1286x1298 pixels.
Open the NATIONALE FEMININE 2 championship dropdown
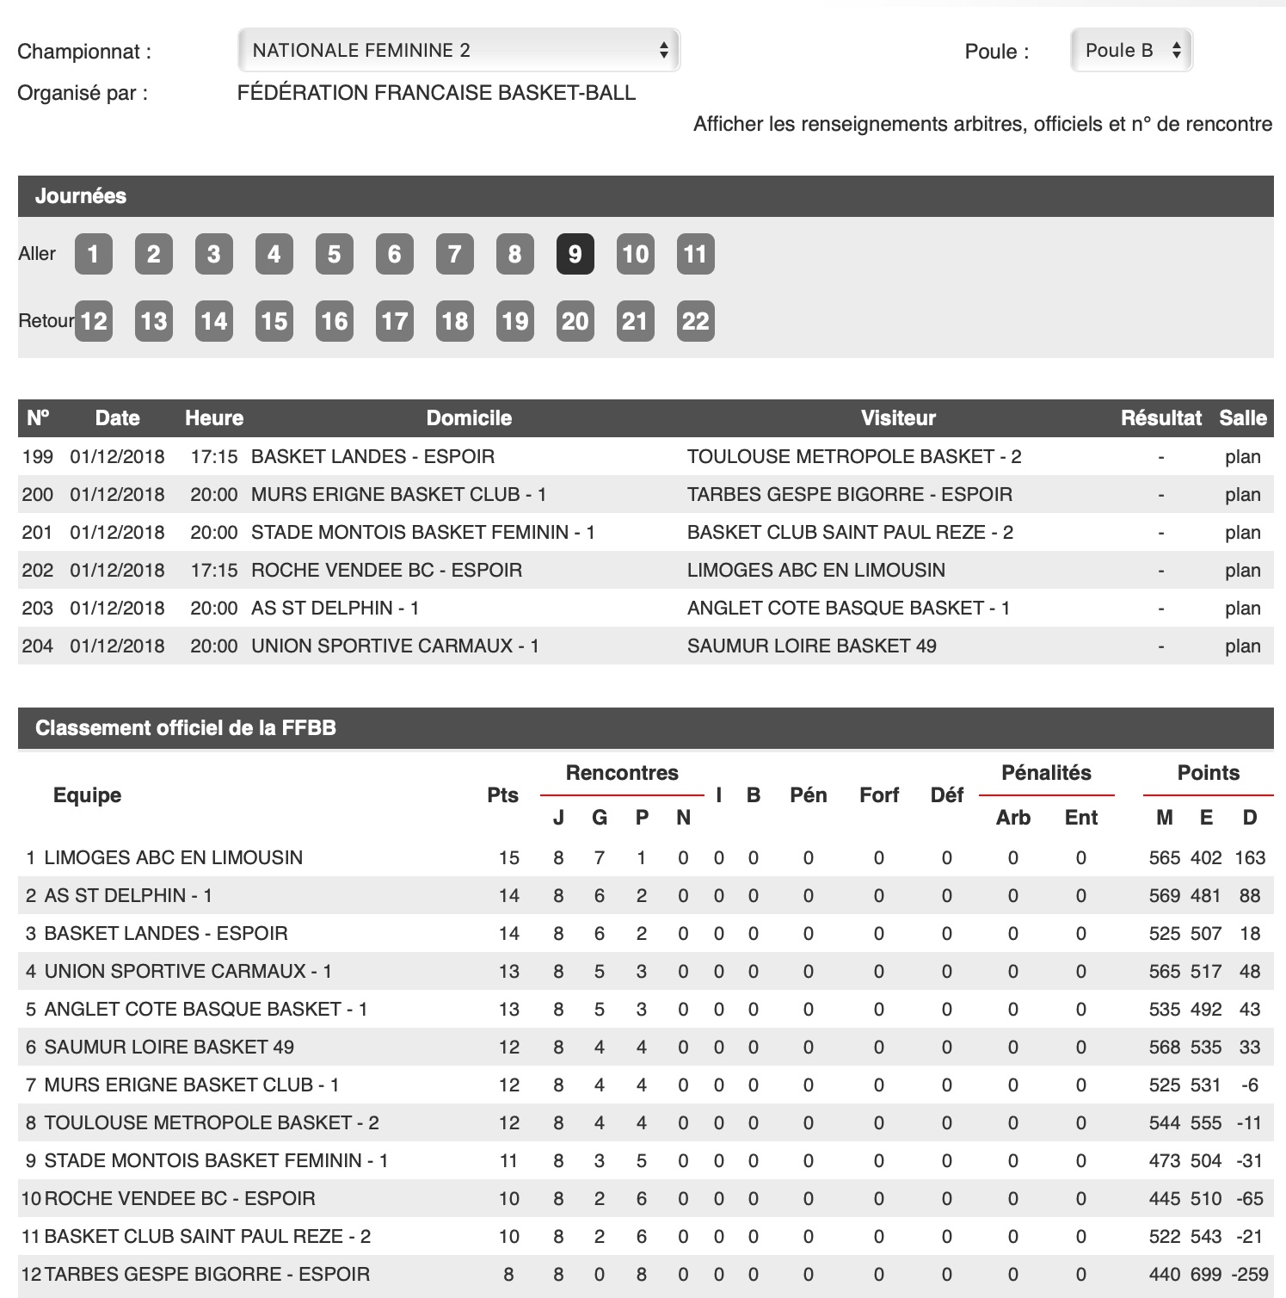[458, 50]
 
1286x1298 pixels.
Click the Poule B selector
[1131, 50]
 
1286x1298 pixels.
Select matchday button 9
[575, 254]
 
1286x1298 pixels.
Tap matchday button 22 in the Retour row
[695, 321]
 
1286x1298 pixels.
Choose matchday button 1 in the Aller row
[94, 254]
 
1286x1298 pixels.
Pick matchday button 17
[394, 321]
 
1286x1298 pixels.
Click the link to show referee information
[982, 124]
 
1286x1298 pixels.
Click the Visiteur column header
[898, 418]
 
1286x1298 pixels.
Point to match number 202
[38, 570]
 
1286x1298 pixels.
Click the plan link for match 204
[1242, 646]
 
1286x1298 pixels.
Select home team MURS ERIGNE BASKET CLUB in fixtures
[398, 494]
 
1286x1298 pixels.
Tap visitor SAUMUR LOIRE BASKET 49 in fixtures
[811, 646]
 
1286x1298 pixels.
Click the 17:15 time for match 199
[213, 456]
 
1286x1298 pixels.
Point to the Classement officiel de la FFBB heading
[186, 728]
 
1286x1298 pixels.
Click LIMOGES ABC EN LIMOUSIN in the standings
[173, 857]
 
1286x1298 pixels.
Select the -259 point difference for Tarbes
[1249, 1274]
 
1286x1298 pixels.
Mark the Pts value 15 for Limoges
[508, 857]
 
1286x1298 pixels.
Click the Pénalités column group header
[1046, 773]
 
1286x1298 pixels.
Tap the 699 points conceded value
[1206, 1274]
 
